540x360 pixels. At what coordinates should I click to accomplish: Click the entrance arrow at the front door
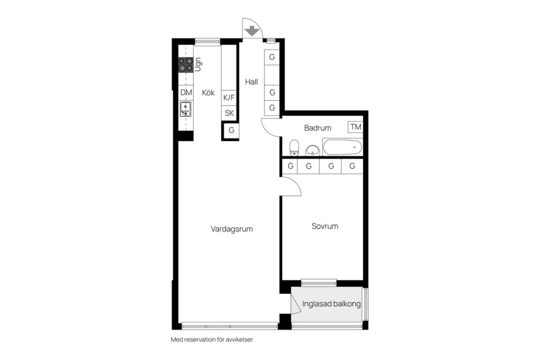point(251,29)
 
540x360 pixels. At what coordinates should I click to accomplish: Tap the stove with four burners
point(186,65)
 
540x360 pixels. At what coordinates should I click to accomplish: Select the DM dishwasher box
point(186,93)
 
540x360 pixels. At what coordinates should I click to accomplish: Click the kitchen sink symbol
point(186,109)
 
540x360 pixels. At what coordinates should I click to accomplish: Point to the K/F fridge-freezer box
point(229,98)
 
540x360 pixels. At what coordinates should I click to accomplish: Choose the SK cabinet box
point(229,113)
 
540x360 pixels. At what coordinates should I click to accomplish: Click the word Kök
point(208,93)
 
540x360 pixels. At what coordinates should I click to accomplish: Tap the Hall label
point(251,82)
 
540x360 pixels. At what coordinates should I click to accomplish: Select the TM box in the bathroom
point(355,127)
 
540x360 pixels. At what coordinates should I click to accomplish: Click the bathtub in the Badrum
point(342,147)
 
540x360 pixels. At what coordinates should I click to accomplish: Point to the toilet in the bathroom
point(294,148)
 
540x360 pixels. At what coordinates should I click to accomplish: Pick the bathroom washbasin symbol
point(312,150)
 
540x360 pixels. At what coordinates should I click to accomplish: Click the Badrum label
point(318,128)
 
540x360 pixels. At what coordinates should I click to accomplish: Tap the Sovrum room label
point(325,226)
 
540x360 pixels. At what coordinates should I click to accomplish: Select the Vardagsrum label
point(232,229)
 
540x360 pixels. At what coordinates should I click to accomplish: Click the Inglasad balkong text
point(331,304)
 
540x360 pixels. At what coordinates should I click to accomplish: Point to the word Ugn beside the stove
point(198,64)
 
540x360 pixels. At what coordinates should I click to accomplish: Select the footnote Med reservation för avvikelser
point(216,340)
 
